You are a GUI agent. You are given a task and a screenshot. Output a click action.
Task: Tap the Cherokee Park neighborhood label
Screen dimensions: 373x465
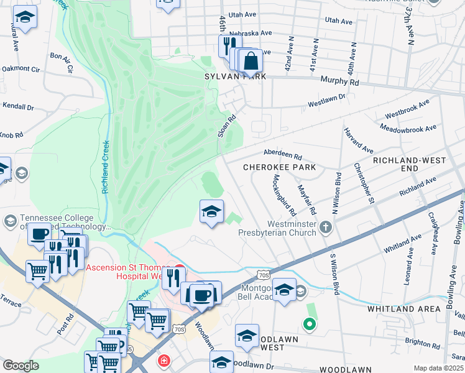tap(279, 167)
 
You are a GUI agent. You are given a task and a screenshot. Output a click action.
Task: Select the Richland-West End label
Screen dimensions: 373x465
tap(409, 164)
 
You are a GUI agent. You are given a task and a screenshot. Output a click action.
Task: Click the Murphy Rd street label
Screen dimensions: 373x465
tap(339, 81)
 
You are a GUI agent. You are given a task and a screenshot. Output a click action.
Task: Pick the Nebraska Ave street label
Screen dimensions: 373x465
tap(252, 32)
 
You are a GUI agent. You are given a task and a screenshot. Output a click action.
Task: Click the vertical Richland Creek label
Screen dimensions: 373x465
tap(106, 166)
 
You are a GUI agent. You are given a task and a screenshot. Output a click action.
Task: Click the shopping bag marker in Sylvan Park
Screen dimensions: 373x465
tap(251, 62)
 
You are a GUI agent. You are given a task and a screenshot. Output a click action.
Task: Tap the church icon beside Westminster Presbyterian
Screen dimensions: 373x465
tap(325, 228)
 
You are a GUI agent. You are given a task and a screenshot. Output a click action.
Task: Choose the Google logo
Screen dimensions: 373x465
tap(21, 366)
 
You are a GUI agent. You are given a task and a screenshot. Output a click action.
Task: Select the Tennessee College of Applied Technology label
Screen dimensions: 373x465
tap(57, 222)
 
